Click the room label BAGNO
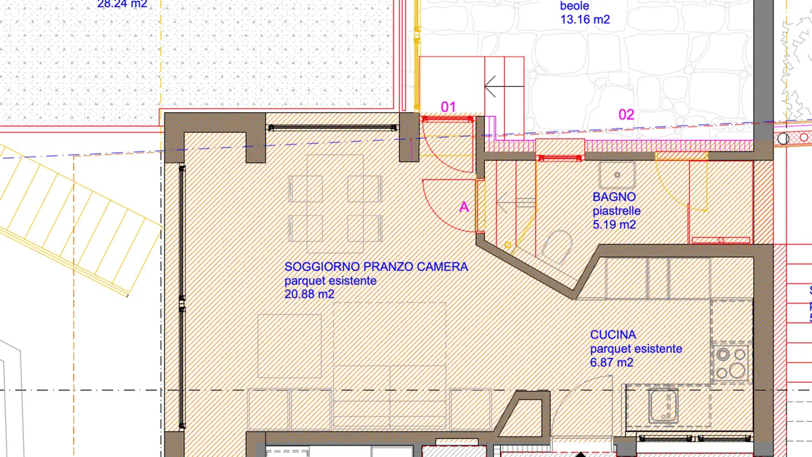(614, 197)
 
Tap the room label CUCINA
(613, 335)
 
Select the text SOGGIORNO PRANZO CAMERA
(376, 267)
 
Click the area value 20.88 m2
(310, 294)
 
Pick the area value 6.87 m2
(612, 362)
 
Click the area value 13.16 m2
(585, 20)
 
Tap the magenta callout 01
(448, 107)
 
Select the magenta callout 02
(626, 115)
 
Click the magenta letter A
(464, 207)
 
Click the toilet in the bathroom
(557, 248)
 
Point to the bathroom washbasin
(617, 175)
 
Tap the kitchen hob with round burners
(731, 362)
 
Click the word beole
(575, 6)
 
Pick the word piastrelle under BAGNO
(616, 211)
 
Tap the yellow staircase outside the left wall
(79, 217)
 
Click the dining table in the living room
(335, 204)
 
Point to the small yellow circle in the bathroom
(507, 245)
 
